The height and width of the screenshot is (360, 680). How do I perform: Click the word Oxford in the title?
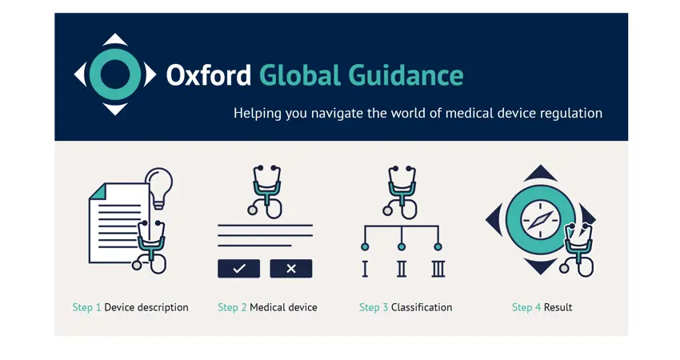[209, 75]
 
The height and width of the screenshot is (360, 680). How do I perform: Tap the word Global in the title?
[300, 75]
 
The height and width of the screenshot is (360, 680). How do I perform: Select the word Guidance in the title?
[406, 75]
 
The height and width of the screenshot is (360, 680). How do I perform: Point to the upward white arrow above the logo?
[115, 39]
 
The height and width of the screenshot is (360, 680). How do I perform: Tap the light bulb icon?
[158, 188]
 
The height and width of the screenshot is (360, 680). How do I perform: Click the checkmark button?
[239, 269]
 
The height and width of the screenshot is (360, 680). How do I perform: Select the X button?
[291, 269]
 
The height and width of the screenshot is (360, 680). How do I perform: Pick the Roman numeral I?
[365, 269]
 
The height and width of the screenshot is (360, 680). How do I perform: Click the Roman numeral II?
[402, 269]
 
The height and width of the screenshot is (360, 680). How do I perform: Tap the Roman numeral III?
[438, 269]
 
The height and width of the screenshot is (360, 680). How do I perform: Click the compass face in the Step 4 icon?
[540, 220]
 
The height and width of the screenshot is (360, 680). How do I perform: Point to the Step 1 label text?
[86, 307]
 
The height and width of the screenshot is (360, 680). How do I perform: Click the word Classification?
[422, 307]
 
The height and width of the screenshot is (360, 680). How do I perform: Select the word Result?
[558, 307]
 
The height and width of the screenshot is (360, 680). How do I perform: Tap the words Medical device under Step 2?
[284, 307]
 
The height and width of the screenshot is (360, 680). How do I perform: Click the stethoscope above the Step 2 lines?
[266, 191]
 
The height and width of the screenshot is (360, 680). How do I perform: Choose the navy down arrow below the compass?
[540, 266]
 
